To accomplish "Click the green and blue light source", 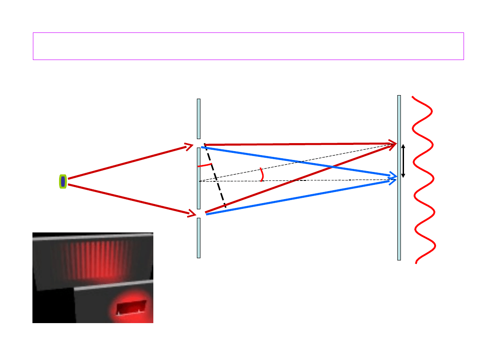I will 63,181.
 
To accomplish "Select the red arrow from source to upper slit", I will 129,162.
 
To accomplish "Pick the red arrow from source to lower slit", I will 129,199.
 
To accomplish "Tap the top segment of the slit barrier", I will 199,119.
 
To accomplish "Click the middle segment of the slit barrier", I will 199,178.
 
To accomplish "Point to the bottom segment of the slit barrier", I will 199,238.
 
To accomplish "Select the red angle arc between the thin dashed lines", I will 262,174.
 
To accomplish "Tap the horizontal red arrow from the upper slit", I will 298,144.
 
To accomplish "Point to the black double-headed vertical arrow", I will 403,161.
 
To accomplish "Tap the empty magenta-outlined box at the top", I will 248,46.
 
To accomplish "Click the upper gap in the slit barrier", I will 199,144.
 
